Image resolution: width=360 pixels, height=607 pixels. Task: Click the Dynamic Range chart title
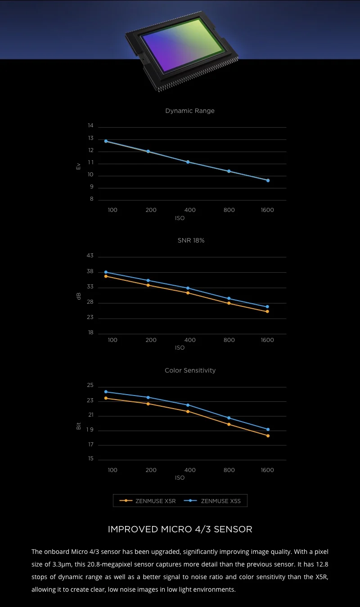pyautogui.click(x=189, y=111)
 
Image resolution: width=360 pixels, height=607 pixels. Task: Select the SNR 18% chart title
pyautogui.click(x=191, y=240)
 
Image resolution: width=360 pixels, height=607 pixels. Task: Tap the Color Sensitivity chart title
pyautogui.click(x=190, y=370)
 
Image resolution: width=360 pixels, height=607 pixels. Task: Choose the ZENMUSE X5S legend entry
pyautogui.click(x=212, y=501)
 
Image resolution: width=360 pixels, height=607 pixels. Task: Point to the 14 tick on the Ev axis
pyautogui.click(x=90, y=126)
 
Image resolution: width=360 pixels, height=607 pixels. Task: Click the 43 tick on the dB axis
pyautogui.click(x=90, y=256)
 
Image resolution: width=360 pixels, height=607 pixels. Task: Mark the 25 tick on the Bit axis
pyautogui.click(x=90, y=386)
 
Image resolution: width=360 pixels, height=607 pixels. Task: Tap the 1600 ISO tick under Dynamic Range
pyautogui.click(x=267, y=210)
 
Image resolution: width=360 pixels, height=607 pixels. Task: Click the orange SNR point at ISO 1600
pyautogui.click(x=267, y=311)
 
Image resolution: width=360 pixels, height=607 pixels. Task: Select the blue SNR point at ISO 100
pyautogui.click(x=106, y=272)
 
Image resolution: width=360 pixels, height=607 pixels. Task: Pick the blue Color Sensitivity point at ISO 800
pyautogui.click(x=229, y=418)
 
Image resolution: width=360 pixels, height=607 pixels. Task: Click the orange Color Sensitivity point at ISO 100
pyautogui.click(x=106, y=398)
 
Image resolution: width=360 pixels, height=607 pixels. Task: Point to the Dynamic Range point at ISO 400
pyautogui.click(x=188, y=162)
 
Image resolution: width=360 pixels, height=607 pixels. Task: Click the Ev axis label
pyautogui.click(x=78, y=166)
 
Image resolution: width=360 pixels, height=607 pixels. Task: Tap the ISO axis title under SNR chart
pyautogui.click(x=180, y=348)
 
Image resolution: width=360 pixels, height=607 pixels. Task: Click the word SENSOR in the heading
pyautogui.click(x=233, y=529)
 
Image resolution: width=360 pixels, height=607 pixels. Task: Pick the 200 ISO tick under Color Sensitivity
pyautogui.click(x=151, y=470)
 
